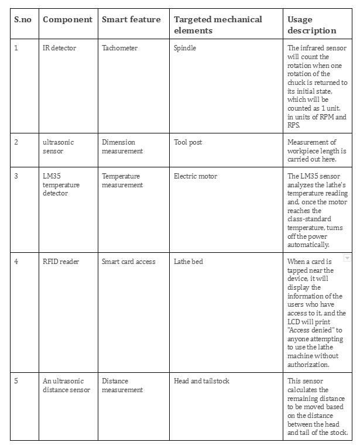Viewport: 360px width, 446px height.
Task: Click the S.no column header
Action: click(22, 19)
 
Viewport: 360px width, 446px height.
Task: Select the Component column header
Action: click(67, 19)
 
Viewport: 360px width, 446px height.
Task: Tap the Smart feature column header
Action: click(131, 19)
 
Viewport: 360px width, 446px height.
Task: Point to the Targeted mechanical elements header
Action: click(218, 25)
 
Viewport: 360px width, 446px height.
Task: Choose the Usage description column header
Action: click(312, 25)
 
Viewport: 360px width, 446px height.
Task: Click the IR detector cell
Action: click(59, 48)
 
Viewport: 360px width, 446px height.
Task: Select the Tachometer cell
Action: click(119, 48)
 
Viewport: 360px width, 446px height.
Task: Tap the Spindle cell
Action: click(185, 48)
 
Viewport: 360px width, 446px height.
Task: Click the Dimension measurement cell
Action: click(122, 146)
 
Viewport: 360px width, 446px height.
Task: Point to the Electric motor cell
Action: click(196, 176)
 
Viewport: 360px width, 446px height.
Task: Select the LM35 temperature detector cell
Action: click(61, 184)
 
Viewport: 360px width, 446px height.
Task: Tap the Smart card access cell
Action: click(129, 262)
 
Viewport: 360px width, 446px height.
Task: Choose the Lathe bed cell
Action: click(188, 262)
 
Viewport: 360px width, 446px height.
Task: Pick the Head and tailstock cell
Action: click(201, 381)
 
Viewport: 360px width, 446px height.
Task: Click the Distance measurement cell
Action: click(122, 385)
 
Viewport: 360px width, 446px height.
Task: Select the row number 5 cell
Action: click(16, 381)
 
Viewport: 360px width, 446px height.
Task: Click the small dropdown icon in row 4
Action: click(347, 258)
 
